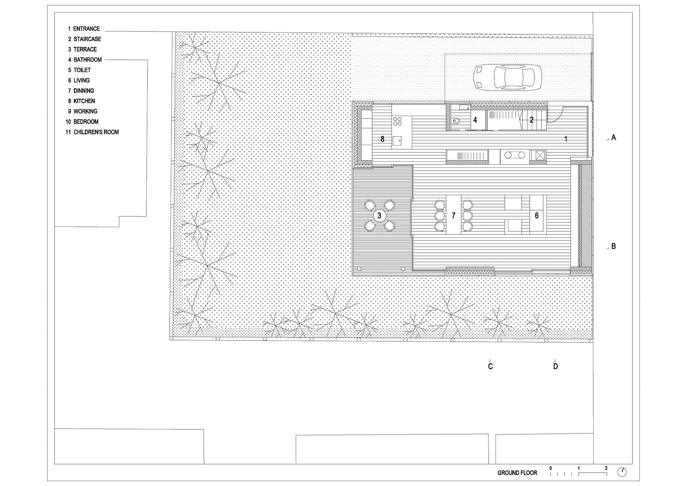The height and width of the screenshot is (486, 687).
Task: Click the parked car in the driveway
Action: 507,77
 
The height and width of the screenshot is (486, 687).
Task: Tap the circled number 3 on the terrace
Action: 379,216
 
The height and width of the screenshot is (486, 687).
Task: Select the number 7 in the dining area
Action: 453,216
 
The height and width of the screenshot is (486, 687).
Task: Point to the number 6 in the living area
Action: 536,216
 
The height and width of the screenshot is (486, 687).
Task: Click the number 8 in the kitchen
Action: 382,139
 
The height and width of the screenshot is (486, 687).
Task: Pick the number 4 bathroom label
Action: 475,120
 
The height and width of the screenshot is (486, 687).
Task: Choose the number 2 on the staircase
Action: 531,120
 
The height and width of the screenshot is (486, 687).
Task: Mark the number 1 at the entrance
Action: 565,139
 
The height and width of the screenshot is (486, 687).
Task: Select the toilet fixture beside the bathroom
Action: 456,121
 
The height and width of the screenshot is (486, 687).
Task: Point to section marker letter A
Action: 613,137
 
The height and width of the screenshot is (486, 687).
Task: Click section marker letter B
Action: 613,246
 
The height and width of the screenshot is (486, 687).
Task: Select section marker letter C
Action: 491,366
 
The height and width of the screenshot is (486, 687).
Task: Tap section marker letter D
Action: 555,366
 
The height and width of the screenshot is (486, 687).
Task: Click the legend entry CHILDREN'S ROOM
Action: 96,132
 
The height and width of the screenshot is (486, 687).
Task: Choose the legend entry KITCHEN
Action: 84,101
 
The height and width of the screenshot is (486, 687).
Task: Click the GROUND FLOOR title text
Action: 517,473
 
